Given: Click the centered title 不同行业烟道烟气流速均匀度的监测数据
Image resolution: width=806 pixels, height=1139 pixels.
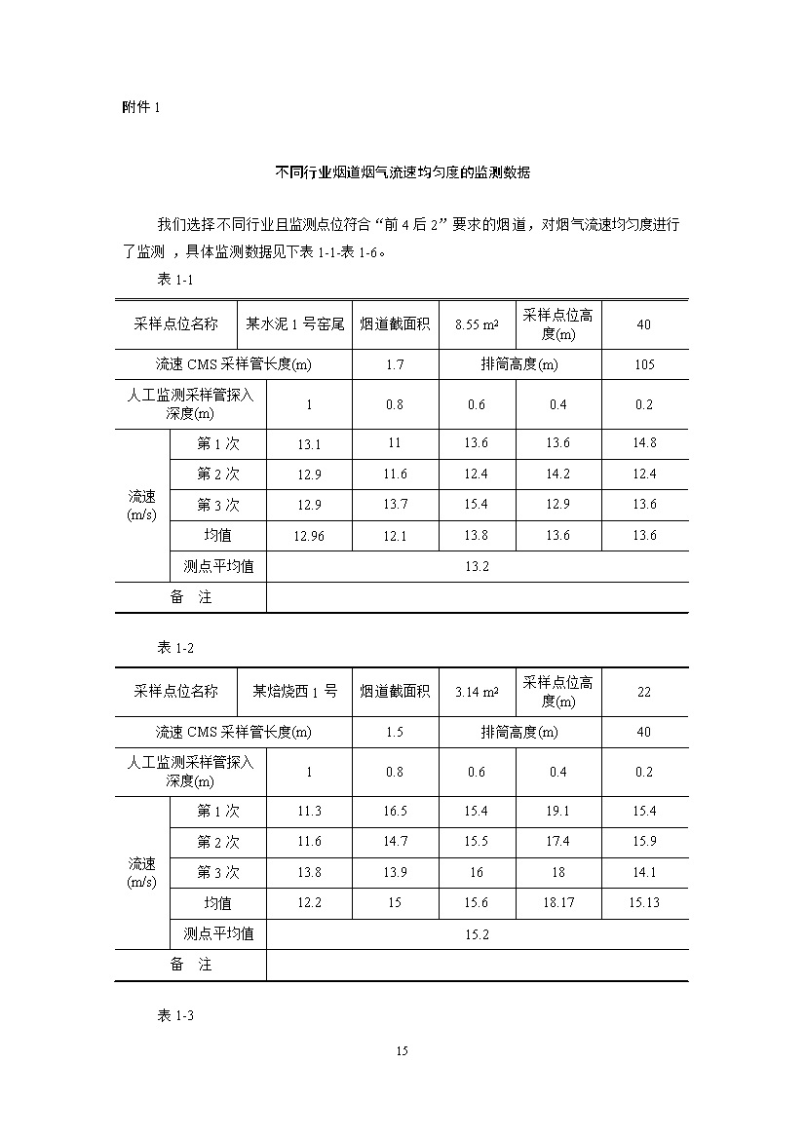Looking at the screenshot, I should (x=403, y=172).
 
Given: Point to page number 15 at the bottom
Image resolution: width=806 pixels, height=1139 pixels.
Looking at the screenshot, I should (x=403, y=1050).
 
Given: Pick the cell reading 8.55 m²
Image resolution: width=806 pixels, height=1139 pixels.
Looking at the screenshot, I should (x=477, y=324).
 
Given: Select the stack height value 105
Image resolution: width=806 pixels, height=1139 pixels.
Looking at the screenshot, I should (x=644, y=365).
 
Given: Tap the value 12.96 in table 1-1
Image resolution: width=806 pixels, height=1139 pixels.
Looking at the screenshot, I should (x=309, y=536).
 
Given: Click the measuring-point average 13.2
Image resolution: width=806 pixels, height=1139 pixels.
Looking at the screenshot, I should (x=477, y=566).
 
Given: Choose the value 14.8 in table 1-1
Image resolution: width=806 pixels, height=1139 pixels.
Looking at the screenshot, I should (x=644, y=443).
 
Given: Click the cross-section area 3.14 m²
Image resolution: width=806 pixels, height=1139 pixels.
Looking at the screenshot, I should (x=477, y=692).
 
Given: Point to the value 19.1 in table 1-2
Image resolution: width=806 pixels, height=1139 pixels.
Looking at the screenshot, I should (x=558, y=812).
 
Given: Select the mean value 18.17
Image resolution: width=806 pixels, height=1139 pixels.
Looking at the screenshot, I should (x=558, y=903).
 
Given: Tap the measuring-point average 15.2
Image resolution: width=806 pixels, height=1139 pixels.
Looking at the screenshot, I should (x=477, y=934).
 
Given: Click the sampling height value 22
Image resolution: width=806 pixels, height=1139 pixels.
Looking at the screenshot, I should (x=644, y=692).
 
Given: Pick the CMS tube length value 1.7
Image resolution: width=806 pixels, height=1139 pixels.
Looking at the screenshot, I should (x=395, y=365).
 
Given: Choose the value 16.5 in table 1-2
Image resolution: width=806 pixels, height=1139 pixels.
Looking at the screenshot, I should (x=395, y=812).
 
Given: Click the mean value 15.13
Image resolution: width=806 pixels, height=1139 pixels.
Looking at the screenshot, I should (x=644, y=903).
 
